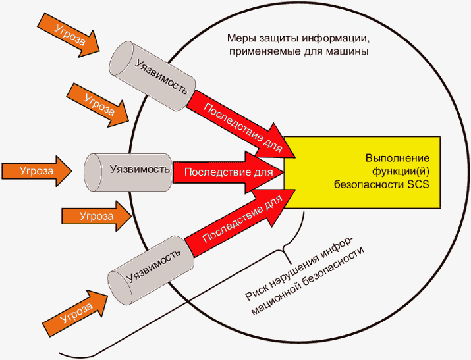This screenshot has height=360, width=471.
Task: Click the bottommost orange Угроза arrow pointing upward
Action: point(73,314)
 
